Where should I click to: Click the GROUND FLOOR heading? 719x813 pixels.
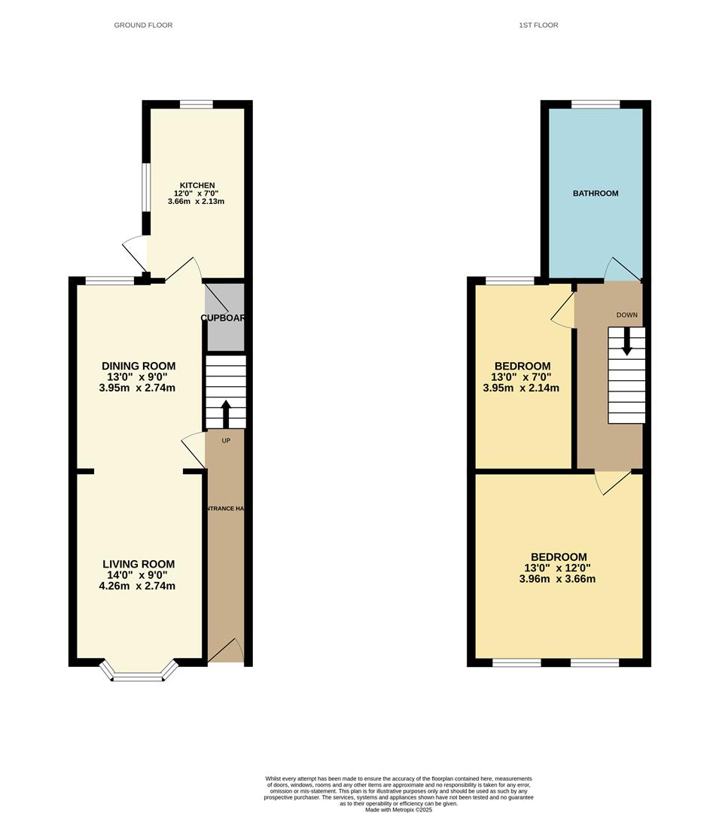[x=143, y=25]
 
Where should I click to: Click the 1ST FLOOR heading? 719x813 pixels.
[x=538, y=25]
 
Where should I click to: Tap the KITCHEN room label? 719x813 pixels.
[x=197, y=185]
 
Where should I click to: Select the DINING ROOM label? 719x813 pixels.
[x=139, y=367]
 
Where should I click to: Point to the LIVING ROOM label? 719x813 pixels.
[x=139, y=564]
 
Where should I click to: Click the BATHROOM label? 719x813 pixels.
[x=596, y=193]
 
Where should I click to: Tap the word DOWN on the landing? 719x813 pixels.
[x=626, y=315]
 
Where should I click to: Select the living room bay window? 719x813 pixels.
[x=139, y=674]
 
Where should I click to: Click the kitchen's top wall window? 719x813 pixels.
[x=197, y=105]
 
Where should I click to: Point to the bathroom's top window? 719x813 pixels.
[x=596, y=105]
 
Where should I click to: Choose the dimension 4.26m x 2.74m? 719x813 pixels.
[x=137, y=586]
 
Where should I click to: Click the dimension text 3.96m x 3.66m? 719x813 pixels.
[x=557, y=579]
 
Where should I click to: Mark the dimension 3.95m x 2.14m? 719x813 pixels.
[x=521, y=388]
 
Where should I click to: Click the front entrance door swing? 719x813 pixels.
[x=227, y=650]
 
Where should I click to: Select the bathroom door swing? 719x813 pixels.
[x=622, y=269]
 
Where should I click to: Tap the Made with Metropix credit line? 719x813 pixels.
[x=399, y=809]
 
